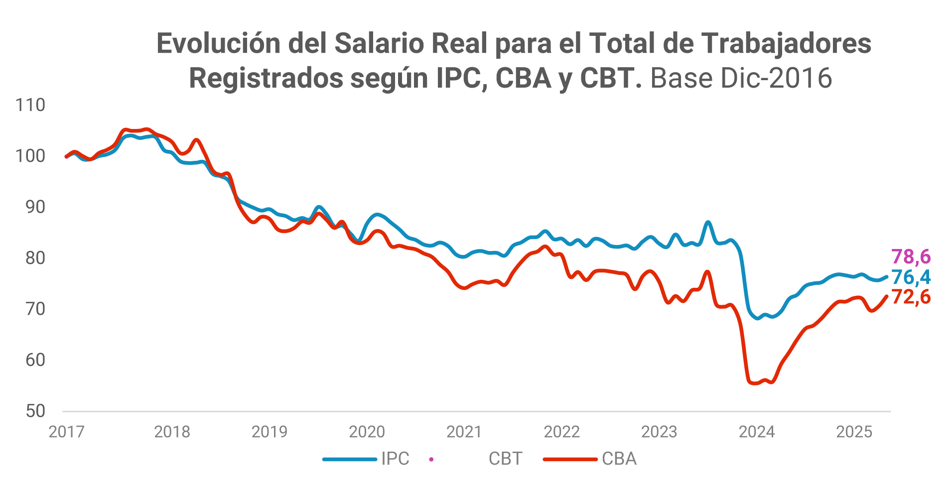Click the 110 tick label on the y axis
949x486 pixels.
(30, 105)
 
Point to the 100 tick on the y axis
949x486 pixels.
(30, 156)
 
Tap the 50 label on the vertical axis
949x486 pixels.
(35, 411)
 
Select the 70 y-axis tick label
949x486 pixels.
(35, 309)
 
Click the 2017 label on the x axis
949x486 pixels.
(67, 432)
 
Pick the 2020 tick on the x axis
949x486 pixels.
(367, 432)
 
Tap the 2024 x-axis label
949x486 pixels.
(757, 432)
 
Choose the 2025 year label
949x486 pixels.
(854, 432)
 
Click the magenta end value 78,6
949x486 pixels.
(911, 257)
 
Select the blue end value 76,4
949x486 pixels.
(911, 277)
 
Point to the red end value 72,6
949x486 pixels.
(911, 297)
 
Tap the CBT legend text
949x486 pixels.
(505, 459)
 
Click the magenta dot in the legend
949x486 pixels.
(431, 459)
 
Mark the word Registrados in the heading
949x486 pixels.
(266, 78)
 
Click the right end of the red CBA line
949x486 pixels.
(886, 297)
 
